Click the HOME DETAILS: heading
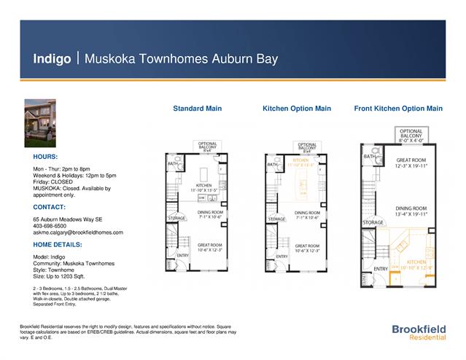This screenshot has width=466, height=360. pos(58,245)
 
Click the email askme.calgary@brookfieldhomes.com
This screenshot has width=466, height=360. pos(77,232)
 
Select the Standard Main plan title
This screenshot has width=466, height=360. pos(197,109)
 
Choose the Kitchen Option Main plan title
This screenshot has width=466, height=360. pos(296,109)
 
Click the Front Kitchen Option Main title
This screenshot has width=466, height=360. pos(397,109)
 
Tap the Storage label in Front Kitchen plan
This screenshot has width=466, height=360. pos(373,222)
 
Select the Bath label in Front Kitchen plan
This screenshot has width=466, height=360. pos(369,156)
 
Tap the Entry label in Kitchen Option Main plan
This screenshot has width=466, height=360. pos(281,256)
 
